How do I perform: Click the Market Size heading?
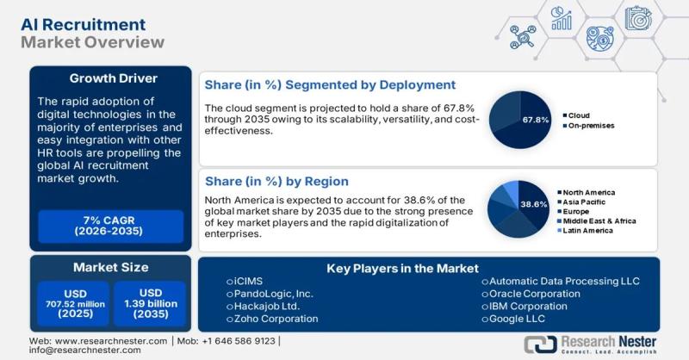click(x=109, y=268)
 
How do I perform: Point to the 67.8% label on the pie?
click(x=536, y=120)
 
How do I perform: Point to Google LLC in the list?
click(x=518, y=319)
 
